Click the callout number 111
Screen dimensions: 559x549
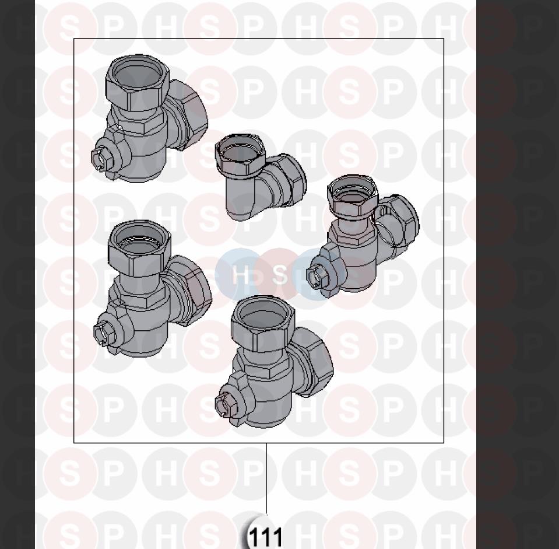coord(266,537)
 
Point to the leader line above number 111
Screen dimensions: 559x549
coord(266,478)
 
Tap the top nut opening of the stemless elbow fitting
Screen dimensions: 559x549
coord(240,148)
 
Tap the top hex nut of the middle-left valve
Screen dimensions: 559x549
coord(139,247)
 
